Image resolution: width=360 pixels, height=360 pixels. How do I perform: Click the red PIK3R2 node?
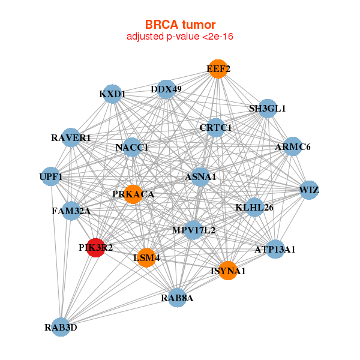[96, 247]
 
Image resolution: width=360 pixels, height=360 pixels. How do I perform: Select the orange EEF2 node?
[218, 69]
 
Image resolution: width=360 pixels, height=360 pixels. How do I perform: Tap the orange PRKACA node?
[133, 194]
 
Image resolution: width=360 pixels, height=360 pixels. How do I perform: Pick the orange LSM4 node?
[146, 258]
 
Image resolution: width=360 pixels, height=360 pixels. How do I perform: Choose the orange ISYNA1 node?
[228, 271]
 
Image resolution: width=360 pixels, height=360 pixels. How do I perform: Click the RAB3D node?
[61, 327]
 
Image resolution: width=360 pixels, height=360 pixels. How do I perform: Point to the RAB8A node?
[177, 298]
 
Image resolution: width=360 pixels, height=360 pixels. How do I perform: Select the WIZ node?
[309, 190]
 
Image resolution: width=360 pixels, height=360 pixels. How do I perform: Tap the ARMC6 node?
[292, 146]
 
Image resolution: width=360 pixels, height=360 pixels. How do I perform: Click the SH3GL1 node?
[268, 109]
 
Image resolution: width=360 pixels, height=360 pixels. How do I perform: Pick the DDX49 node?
[166, 90]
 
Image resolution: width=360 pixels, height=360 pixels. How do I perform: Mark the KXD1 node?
[113, 94]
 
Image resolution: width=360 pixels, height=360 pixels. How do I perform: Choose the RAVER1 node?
[71, 137]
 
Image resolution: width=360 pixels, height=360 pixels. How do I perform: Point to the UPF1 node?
[51, 176]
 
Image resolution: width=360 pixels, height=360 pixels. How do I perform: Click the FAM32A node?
[71, 211]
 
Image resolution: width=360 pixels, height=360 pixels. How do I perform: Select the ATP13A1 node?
[275, 249]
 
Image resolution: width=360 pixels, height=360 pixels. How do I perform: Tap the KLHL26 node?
[254, 208]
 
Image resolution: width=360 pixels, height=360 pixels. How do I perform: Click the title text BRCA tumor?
[180, 25]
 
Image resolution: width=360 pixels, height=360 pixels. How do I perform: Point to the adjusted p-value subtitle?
[180, 37]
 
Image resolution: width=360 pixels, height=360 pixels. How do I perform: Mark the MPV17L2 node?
[193, 230]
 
